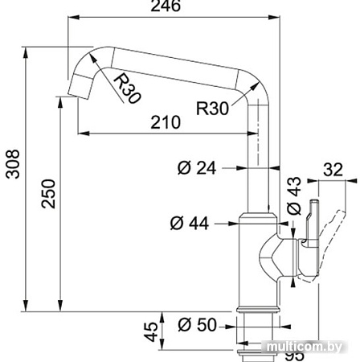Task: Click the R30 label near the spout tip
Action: click(x=127, y=88)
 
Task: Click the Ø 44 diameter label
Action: click(x=190, y=222)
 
